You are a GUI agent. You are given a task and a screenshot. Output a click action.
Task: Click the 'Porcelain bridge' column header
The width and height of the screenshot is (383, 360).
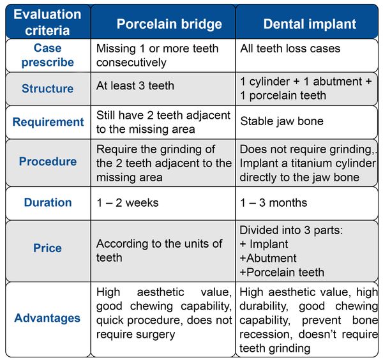(169, 24)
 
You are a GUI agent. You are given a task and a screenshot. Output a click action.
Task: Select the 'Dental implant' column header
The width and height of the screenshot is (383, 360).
(310, 24)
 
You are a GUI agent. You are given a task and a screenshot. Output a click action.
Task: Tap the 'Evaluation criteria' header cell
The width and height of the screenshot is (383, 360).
(47, 22)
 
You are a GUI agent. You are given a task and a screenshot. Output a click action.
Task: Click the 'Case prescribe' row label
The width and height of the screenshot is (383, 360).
(48, 55)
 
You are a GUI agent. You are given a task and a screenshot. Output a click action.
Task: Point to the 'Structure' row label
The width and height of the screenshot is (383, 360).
(47, 89)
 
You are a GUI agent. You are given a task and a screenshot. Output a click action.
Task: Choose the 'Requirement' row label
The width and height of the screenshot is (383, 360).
(48, 122)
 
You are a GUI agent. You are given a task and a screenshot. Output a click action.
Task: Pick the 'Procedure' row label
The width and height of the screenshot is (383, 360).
(48, 161)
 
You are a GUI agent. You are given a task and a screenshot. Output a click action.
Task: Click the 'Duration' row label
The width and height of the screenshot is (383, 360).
(48, 202)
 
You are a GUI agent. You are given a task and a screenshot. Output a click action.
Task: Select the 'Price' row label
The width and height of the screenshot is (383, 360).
(47, 248)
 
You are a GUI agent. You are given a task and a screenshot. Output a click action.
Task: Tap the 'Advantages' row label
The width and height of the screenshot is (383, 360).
(47, 318)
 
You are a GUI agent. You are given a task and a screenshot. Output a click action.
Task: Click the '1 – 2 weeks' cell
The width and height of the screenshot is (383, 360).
(127, 203)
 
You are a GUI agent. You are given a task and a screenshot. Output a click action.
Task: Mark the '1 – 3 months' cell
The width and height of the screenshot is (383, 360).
(273, 203)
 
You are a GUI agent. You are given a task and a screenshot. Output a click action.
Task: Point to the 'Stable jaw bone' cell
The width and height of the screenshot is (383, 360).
(282, 121)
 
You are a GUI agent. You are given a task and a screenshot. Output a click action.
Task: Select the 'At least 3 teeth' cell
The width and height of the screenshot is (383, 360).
(135, 86)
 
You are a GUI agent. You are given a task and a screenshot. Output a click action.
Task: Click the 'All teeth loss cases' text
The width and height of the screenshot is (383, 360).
(290, 49)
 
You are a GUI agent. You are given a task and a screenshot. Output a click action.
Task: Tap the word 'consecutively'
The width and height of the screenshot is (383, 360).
(131, 63)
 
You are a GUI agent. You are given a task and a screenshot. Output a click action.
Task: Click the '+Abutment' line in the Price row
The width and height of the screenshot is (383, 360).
(268, 258)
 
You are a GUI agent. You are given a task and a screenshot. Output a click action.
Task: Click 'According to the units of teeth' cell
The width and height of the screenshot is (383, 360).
(159, 251)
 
